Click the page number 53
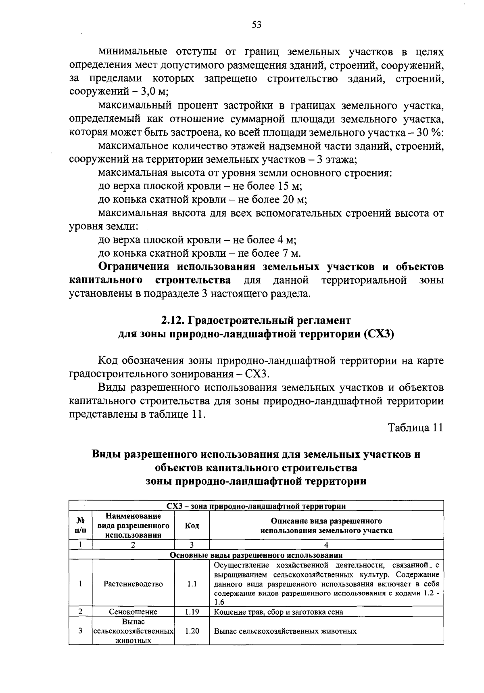(257, 25)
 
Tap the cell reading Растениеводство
(133, 584)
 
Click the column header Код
(192, 526)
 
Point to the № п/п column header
(80, 526)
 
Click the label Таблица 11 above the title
(415, 428)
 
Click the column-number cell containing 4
(326, 545)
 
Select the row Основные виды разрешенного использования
(256, 555)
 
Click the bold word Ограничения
(136, 267)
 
